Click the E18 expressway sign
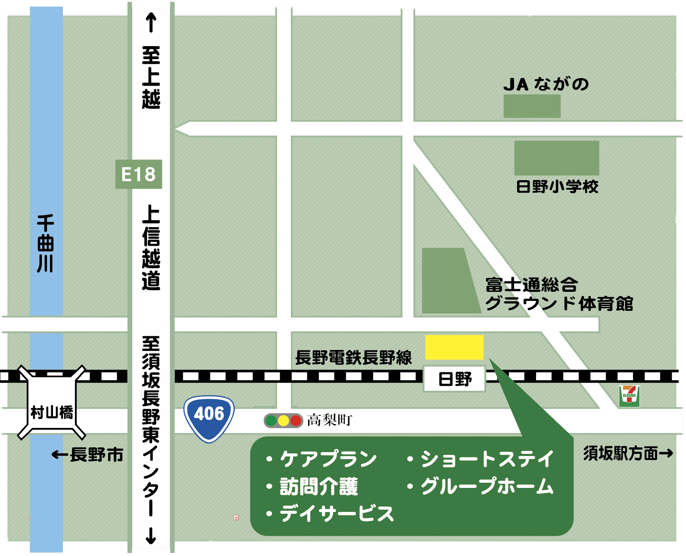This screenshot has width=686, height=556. click(x=138, y=175)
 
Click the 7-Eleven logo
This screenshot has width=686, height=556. click(x=629, y=396)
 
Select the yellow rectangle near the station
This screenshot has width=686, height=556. click(x=454, y=347)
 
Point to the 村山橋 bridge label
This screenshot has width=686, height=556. click(x=52, y=412)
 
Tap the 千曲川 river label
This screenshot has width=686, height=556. click(x=45, y=244)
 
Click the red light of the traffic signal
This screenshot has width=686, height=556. click(x=296, y=420)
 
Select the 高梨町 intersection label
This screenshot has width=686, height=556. click(x=330, y=420)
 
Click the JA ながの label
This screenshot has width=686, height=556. click(x=546, y=84)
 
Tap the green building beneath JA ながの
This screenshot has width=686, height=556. click(x=532, y=106)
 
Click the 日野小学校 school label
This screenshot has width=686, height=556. click(x=557, y=187)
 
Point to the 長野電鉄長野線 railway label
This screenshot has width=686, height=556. click(x=353, y=357)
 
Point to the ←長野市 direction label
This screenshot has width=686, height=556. click(x=87, y=455)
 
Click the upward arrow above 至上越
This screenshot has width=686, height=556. click(x=151, y=23)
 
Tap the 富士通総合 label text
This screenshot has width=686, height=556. click(x=531, y=285)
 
